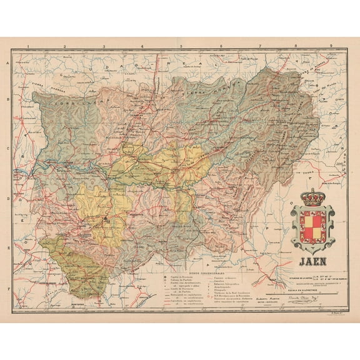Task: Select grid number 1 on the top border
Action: (28, 46)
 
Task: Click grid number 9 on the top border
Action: (331, 46)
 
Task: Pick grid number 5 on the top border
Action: (180, 46)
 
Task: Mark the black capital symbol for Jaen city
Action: (107, 220)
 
